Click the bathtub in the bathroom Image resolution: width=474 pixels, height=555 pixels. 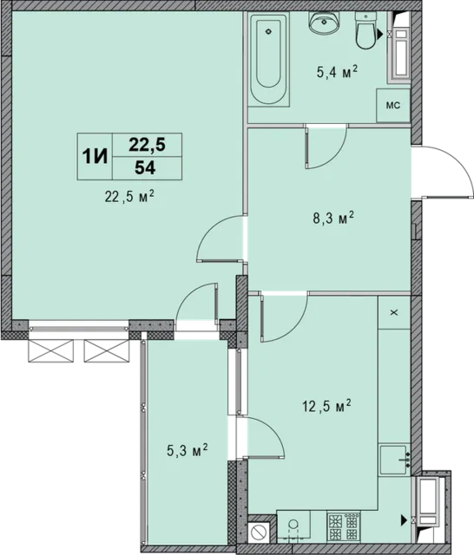tap(268, 59)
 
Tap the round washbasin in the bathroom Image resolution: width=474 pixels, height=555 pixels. tap(324, 22)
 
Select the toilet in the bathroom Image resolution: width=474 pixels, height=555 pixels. tap(365, 31)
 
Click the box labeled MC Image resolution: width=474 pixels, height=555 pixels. tap(393, 106)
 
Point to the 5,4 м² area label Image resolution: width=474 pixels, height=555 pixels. tap(337, 73)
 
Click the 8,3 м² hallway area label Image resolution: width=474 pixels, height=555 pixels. tap(333, 219)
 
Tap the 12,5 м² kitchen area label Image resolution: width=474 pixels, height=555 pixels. tap(326, 406)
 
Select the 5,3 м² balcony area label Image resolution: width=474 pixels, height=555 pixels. tap(187, 451)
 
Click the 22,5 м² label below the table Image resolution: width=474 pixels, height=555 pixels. tap(129, 197)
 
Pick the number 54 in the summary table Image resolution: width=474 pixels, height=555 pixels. tap(145, 168)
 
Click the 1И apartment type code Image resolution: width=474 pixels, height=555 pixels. tap(95, 156)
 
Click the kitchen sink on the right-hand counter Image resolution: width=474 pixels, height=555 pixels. tap(394, 460)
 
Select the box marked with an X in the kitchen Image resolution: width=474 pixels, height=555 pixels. tap(394, 312)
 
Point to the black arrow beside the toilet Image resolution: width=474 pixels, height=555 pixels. tap(380, 34)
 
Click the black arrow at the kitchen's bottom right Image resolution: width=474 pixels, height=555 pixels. tap(404, 520)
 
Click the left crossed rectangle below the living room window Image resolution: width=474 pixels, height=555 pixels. tap(50, 350)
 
